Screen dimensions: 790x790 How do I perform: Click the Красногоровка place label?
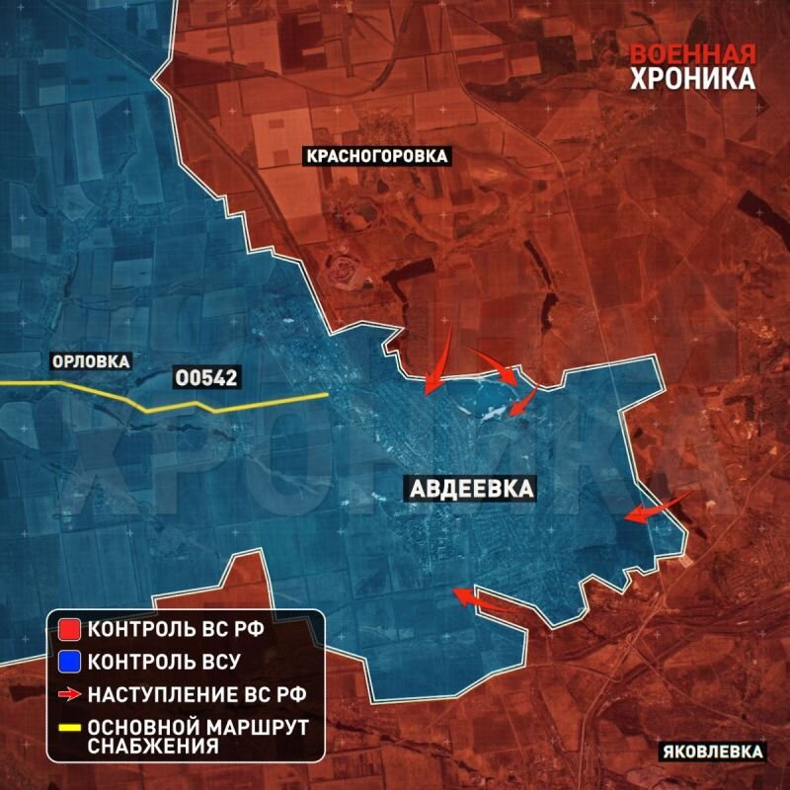(x=376, y=156)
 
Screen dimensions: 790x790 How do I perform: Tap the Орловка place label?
(x=91, y=361)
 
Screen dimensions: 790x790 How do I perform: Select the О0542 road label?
(x=206, y=377)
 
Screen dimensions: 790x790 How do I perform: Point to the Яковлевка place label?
(x=712, y=752)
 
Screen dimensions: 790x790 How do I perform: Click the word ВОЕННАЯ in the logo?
(x=693, y=55)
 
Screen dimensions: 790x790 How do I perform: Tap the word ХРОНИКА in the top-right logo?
(x=693, y=79)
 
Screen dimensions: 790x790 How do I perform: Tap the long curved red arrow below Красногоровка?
(x=438, y=360)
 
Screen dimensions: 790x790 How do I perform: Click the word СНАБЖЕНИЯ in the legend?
(x=152, y=746)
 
